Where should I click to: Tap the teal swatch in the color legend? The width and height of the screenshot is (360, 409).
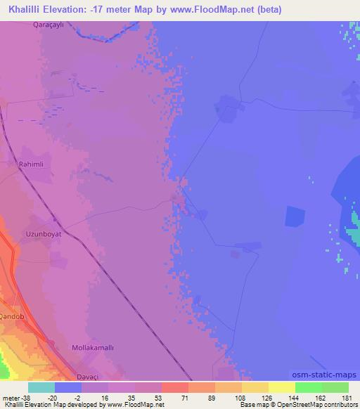(41, 387)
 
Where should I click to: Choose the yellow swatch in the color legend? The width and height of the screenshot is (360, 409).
(282, 387)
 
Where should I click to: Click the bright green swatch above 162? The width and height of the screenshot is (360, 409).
(309, 387)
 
